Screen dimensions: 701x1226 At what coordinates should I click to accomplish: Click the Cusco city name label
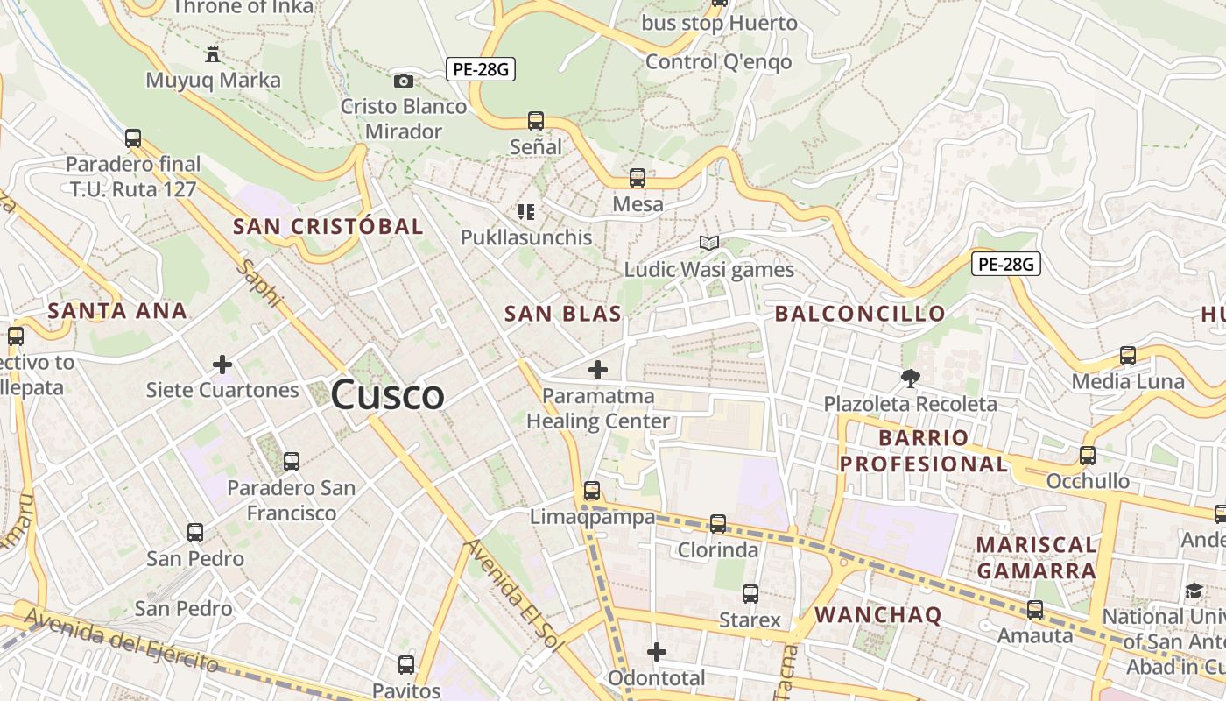pyautogui.click(x=388, y=395)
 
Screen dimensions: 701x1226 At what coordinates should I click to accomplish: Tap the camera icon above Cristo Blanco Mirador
pyautogui.click(x=403, y=81)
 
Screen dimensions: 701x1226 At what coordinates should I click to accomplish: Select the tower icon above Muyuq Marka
pyautogui.click(x=212, y=54)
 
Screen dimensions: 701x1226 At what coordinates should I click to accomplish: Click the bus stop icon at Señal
pyautogui.click(x=536, y=121)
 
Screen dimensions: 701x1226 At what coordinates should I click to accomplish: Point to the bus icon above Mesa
pyautogui.click(x=638, y=178)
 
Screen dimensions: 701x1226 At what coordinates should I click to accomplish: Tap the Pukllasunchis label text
pyautogui.click(x=526, y=237)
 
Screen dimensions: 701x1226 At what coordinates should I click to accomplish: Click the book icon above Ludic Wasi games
pyautogui.click(x=708, y=243)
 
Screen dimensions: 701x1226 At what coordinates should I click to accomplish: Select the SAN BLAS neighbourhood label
pyautogui.click(x=563, y=314)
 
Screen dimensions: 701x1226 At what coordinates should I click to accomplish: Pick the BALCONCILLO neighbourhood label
pyautogui.click(x=860, y=313)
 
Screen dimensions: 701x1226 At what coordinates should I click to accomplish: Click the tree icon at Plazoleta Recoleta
pyautogui.click(x=910, y=379)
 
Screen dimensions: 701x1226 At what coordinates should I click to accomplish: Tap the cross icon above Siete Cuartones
pyautogui.click(x=222, y=364)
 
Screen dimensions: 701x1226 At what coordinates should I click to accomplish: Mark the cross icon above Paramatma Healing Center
pyautogui.click(x=597, y=370)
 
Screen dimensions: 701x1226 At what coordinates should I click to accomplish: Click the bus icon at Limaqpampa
pyautogui.click(x=592, y=491)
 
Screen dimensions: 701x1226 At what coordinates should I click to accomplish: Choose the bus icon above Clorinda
pyautogui.click(x=718, y=524)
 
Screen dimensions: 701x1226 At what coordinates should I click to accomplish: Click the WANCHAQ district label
pyautogui.click(x=877, y=614)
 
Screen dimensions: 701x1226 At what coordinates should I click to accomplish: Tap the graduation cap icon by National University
pyautogui.click(x=1194, y=591)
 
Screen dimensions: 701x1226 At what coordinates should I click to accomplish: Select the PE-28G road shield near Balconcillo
pyautogui.click(x=1005, y=263)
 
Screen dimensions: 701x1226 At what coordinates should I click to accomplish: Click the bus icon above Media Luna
pyautogui.click(x=1128, y=356)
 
